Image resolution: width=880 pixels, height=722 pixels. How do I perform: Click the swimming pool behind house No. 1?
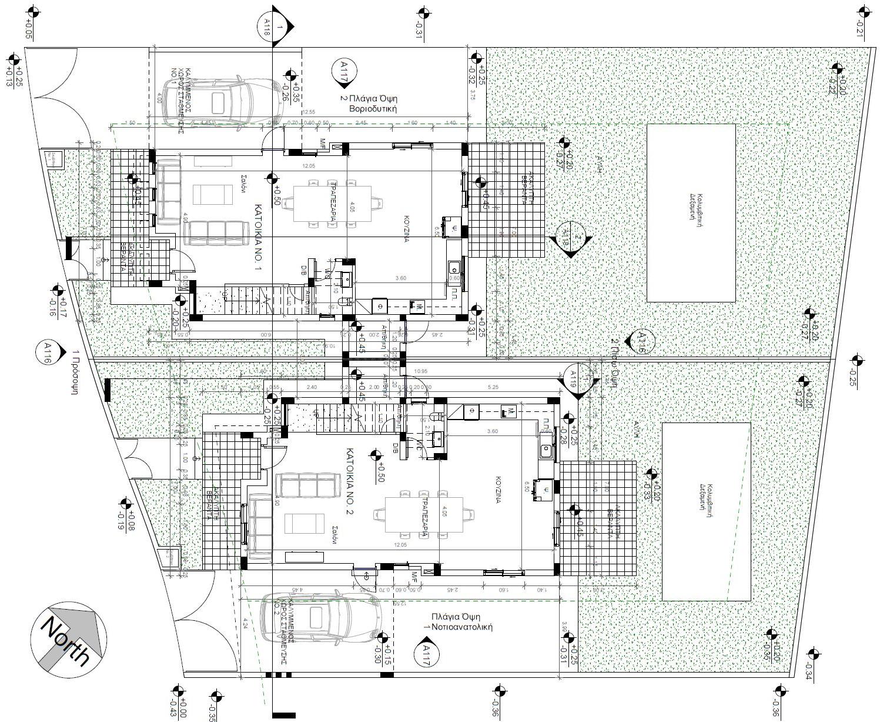pyautogui.click(x=691, y=213)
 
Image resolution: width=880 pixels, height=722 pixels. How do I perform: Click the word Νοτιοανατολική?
pyautogui.click(x=461, y=627)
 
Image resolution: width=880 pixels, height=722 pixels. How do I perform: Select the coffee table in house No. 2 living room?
pyautogui.click(x=304, y=524)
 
